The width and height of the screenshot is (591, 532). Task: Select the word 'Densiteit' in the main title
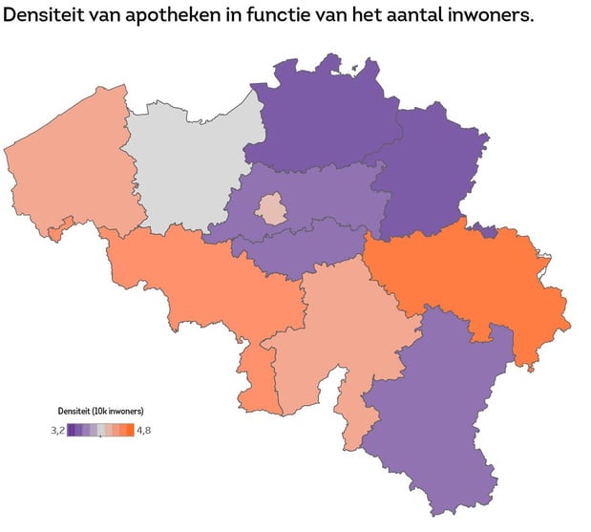49,18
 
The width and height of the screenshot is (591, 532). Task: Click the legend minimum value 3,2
56,431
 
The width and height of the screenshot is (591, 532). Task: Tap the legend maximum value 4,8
144,431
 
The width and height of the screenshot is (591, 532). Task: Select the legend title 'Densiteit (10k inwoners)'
101,411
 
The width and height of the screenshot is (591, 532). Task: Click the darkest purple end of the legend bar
71,431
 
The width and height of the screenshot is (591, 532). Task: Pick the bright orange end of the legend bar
130,431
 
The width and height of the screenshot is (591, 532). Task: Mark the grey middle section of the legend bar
100,431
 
